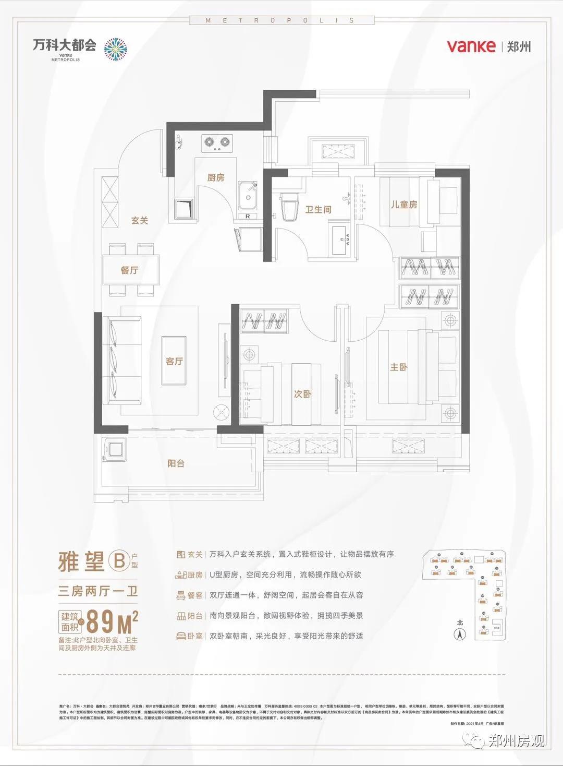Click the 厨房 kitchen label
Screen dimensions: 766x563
click(x=215, y=177)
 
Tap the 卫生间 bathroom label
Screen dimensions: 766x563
click(x=318, y=209)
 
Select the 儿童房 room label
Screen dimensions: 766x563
click(x=404, y=204)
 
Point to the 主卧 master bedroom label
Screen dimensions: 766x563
click(x=398, y=367)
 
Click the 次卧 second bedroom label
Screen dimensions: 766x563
click(x=302, y=394)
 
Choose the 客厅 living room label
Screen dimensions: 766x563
click(x=174, y=361)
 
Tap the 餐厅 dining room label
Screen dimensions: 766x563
click(x=129, y=270)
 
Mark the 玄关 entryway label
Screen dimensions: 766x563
click(x=139, y=220)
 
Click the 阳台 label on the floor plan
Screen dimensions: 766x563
click(x=176, y=463)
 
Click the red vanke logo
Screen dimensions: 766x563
click(x=471, y=46)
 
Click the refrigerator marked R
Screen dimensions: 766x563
click(x=248, y=216)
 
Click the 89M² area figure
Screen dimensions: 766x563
click(x=112, y=620)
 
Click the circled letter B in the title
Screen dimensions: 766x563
click(x=119, y=561)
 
